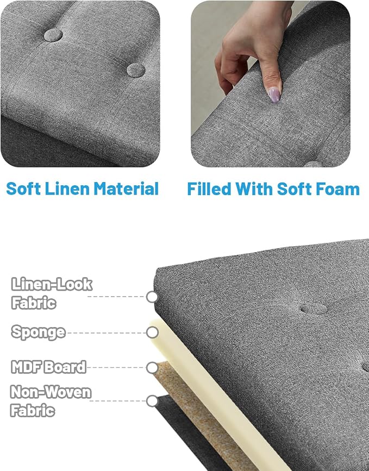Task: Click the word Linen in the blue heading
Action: point(68,189)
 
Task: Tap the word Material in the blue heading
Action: point(126,189)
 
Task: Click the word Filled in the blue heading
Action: point(209,189)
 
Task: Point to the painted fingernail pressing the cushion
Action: point(274,95)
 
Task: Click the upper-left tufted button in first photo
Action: point(53,35)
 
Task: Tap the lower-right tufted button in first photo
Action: point(136,70)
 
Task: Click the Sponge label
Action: point(38,332)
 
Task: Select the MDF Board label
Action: point(49,367)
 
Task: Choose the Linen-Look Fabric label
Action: point(52,293)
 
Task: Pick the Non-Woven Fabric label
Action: point(51,401)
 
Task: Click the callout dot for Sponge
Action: point(152,332)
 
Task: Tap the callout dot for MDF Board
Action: point(152,367)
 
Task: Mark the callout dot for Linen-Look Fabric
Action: point(152,297)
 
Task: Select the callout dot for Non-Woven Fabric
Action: point(152,401)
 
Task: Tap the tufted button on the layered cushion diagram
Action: point(314,309)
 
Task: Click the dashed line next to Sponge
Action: point(107,333)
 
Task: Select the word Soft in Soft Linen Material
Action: point(23,189)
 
